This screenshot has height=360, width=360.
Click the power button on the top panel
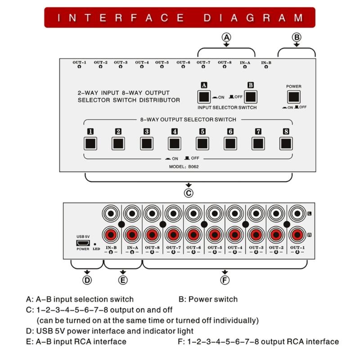(x=294, y=96)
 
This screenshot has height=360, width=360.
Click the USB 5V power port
(x=82, y=242)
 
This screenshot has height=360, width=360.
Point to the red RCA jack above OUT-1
(x=297, y=234)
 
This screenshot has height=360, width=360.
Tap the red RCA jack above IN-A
(x=132, y=234)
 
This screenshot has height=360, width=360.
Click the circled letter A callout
(x=227, y=38)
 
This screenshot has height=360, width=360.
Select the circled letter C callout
(x=189, y=193)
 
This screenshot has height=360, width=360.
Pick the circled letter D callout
(x=87, y=280)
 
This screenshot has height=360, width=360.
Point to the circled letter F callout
(x=225, y=280)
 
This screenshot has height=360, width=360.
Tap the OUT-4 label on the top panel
(x=142, y=63)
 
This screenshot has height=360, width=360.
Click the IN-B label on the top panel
(x=266, y=63)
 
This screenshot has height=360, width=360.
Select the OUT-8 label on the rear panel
(x=153, y=247)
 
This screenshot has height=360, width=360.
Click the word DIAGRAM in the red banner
(x=253, y=18)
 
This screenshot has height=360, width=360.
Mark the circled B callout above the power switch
(x=297, y=38)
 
